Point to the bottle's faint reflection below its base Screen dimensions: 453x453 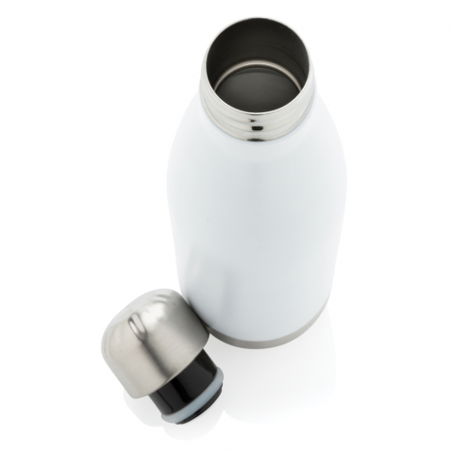pos(274,377)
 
